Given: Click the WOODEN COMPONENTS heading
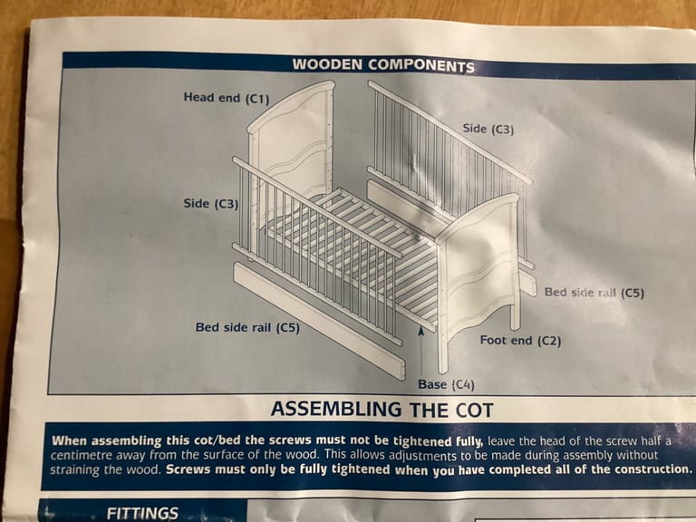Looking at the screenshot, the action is [x=383, y=65].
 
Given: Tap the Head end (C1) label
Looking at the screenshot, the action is [x=227, y=98].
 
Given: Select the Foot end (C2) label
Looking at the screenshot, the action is [x=520, y=341].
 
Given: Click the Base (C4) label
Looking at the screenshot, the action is [x=446, y=384].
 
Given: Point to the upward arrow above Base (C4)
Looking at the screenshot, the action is [x=421, y=350].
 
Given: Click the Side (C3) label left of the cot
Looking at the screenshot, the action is [x=211, y=204].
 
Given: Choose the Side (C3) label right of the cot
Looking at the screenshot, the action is [x=488, y=130].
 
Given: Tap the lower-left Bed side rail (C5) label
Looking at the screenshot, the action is [x=247, y=327].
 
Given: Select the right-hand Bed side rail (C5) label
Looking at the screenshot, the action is [x=594, y=293].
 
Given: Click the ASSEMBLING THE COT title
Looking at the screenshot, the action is [x=382, y=410].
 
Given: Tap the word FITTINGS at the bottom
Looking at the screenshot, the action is [x=142, y=514].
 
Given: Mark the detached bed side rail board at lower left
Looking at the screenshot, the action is [x=319, y=321].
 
